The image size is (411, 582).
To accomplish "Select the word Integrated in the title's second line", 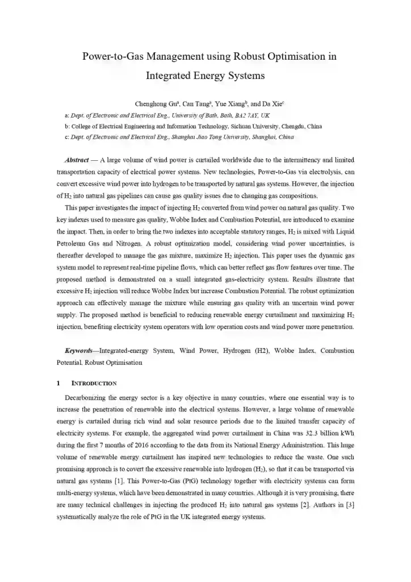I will pos(170,74).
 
